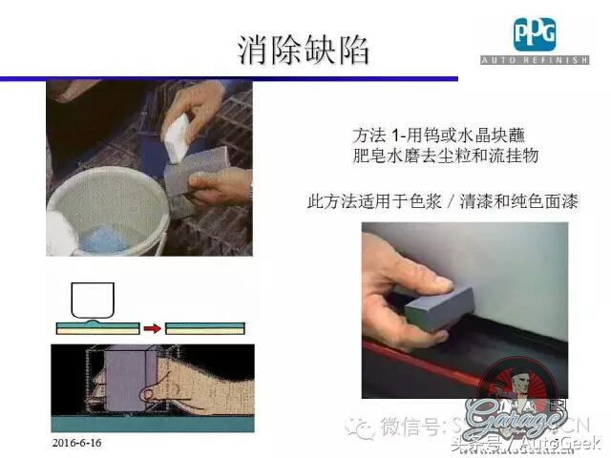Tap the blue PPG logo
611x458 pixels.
click(536, 34)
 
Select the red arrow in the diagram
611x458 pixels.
click(150, 328)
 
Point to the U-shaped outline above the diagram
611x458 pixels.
click(93, 298)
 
